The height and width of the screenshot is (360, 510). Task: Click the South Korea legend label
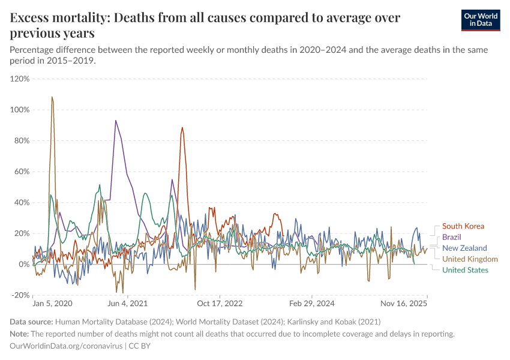click(x=463, y=226)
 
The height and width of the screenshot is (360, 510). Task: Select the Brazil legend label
click(x=452, y=237)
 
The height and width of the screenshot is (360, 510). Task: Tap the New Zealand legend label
click(x=464, y=248)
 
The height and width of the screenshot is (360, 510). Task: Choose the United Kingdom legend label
click(x=470, y=259)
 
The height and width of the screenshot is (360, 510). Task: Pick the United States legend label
click(x=465, y=270)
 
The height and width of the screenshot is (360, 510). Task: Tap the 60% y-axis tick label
click(x=21, y=172)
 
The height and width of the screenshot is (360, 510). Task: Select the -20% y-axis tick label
click(x=20, y=295)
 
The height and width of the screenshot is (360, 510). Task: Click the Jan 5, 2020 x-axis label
click(x=52, y=304)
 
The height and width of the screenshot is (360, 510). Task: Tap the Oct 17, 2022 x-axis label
click(x=221, y=304)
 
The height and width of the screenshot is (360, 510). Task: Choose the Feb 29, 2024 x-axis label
click(x=311, y=304)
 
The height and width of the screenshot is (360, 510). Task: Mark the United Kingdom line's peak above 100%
click(x=52, y=97)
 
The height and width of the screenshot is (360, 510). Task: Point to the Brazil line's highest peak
click(x=116, y=121)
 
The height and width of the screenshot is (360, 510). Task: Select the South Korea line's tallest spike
click(x=182, y=127)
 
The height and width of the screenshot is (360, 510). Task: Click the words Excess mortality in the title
click(x=57, y=18)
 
